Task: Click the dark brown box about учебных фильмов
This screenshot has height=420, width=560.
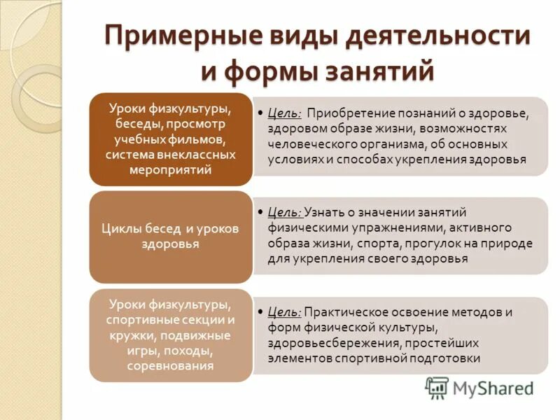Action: [x=170, y=139]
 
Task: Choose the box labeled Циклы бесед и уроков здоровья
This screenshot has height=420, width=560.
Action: [x=170, y=237]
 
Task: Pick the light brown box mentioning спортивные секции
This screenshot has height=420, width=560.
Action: [x=170, y=335]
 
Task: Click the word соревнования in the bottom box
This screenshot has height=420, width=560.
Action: [x=170, y=365]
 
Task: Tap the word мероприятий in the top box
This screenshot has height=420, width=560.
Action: [x=170, y=169]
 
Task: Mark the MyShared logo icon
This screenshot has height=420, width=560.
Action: [x=437, y=387]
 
